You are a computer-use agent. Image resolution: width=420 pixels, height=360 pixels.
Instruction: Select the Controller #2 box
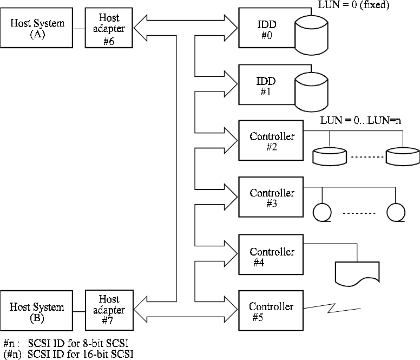click(x=271, y=141)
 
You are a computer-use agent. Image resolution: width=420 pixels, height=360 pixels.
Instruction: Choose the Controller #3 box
click(x=271, y=198)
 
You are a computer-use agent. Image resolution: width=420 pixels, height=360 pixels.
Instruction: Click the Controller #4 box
click(x=271, y=256)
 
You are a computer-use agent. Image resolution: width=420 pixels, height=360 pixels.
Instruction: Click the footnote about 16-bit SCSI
click(x=68, y=354)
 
